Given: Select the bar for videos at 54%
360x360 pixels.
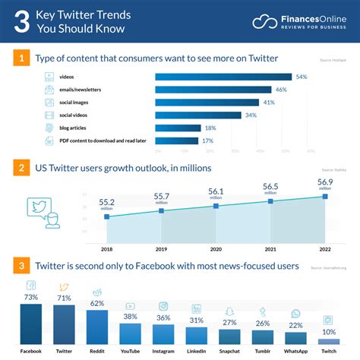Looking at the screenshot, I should pyautogui.click(x=223, y=77).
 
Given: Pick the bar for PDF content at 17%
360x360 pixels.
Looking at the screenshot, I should pyautogui.click(x=177, y=141).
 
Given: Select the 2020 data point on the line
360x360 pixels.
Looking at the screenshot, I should pyautogui.click(x=216, y=206).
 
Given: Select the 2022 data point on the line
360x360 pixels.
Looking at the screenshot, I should pyautogui.click(x=325, y=197).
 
